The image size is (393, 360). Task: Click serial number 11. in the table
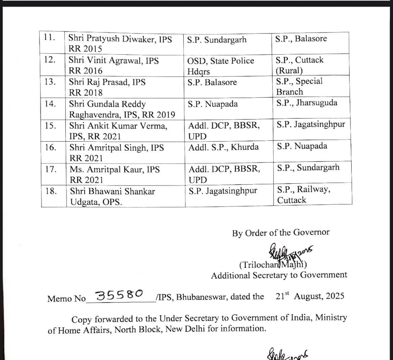click(x=49, y=38)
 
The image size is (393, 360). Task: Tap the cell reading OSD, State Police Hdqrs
click(x=221, y=66)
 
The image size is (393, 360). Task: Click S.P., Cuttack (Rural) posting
click(x=300, y=65)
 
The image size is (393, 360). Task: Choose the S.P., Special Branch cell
click(x=299, y=86)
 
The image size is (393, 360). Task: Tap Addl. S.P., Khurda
click(x=224, y=147)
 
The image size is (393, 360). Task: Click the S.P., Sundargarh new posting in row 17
click(x=308, y=168)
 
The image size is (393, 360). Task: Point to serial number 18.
click(x=51, y=191)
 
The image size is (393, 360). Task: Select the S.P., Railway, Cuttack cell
click(x=303, y=195)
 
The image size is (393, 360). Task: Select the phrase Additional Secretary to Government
click(x=279, y=275)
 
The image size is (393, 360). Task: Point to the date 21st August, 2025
click(x=309, y=296)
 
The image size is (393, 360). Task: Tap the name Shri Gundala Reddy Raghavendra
click(x=122, y=109)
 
